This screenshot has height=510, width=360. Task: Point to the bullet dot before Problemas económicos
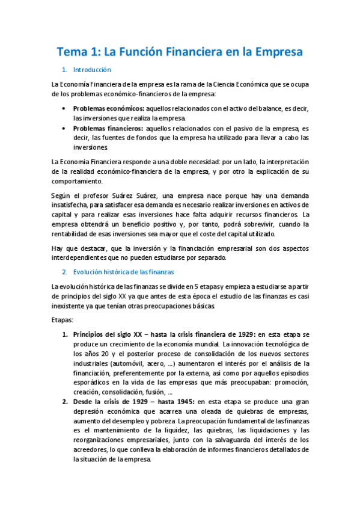pyautogui.click(x=64, y=108)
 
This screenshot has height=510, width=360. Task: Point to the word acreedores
pyautogui.click(x=90, y=450)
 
